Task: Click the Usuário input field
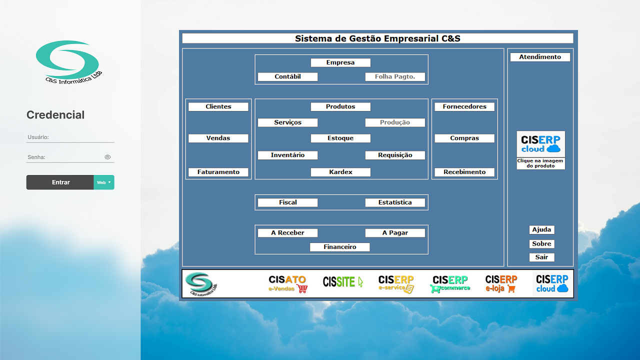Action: (x=70, y=137)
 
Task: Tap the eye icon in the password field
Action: (x=107, y=157)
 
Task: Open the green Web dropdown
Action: (x=104, y=182)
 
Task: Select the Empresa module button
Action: (x=340, y=62)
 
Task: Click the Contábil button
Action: (x=287, y=77)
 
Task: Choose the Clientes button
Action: (x=218, y=107)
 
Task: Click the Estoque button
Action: (x=340, y=138)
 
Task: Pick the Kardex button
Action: (x=340, y=172)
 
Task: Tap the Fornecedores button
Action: (x=464, y=107)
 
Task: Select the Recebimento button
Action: (x=464, y=172)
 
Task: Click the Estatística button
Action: (x=395, y=202)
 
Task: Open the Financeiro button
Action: (x=340, y=247)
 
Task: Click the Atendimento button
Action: (x=540, y=57)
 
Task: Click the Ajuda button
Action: (x=541, y=230)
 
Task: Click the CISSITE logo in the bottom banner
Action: (x=343, y=282)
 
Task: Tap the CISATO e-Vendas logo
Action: (x=287, y=283)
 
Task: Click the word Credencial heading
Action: (x=55, y=115)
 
